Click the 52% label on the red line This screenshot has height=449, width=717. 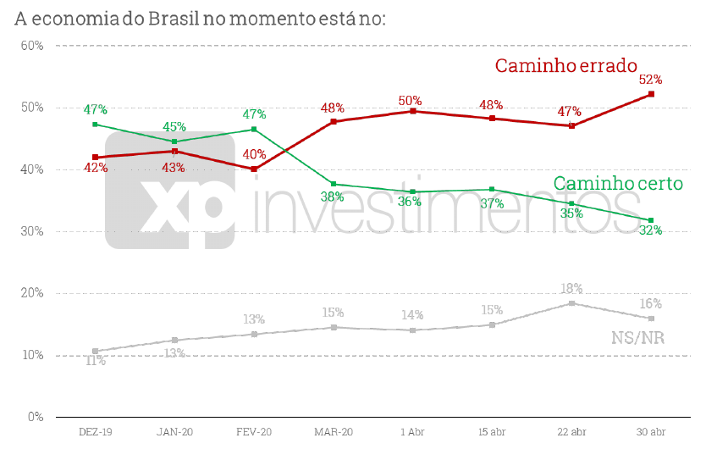click(x=650, y=80)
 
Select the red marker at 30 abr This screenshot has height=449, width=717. click(x=651, y=94)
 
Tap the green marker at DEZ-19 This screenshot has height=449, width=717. click(x=95, y=125)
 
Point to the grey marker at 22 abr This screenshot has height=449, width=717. click(x=571, y=303)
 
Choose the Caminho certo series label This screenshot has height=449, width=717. click(x=618, y=183)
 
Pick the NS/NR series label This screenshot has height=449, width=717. click(x=637, y=338)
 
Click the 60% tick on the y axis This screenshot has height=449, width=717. click(x=32, y=46)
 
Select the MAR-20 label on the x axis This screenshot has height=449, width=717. click(x=334, y=432)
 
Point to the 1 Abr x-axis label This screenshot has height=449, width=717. click(x=412, y=432)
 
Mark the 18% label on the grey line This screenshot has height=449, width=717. click(x=571, y=289)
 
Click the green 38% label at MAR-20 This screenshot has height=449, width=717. click(x=333, y=197)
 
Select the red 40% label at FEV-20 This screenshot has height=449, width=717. click(x=254, y=154)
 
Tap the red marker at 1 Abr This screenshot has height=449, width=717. click(x=413, y=111)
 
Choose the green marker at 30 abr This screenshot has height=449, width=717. click(x=651, y=220)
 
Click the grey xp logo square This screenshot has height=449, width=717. click(x=169, y=190)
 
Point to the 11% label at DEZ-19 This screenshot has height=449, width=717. click(x=95, y=361)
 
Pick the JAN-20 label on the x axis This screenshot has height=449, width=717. click(x=174, y=432)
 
